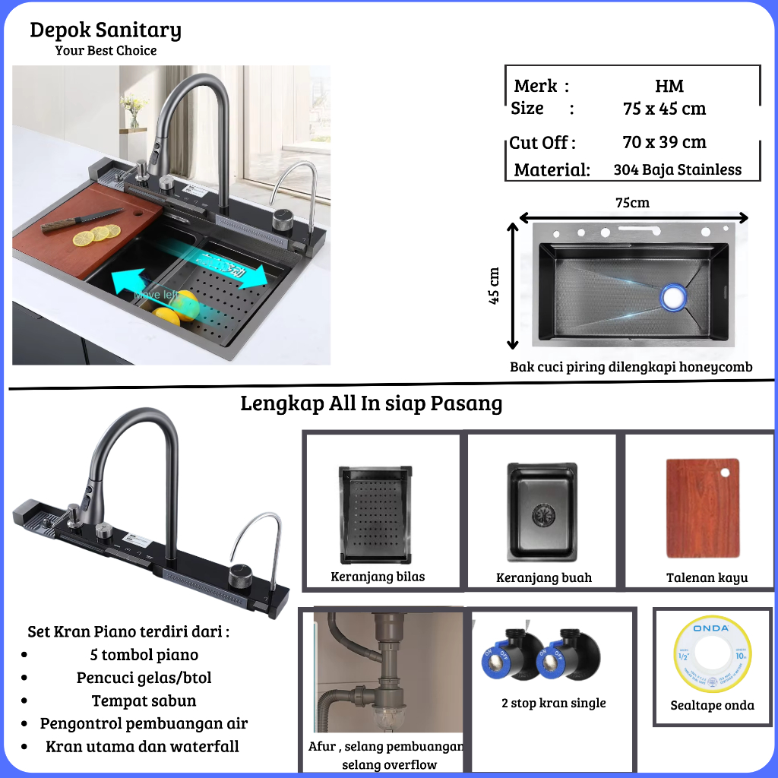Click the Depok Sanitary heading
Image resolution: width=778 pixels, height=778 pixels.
click(106, 30)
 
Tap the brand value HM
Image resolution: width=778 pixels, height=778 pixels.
click(669, 86)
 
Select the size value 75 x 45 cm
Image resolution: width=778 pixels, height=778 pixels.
click(664, 109)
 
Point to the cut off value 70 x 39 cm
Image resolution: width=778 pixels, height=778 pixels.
click(664, 142)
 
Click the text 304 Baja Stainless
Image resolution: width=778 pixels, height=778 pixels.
click(677, 170)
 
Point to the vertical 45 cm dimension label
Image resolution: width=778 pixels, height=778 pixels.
click(495, 286)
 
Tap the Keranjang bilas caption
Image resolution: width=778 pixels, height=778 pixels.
click(378, 577)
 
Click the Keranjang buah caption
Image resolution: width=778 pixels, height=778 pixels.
click(543, 577)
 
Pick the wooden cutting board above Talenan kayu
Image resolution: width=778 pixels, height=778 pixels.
click(702, 508)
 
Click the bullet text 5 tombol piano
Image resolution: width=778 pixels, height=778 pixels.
click(144, 655)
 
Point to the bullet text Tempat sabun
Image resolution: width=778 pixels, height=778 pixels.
click(144, 701)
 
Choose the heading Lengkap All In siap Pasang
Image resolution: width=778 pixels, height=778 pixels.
click(372, 403)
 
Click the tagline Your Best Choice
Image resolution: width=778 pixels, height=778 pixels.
click(106, 51)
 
